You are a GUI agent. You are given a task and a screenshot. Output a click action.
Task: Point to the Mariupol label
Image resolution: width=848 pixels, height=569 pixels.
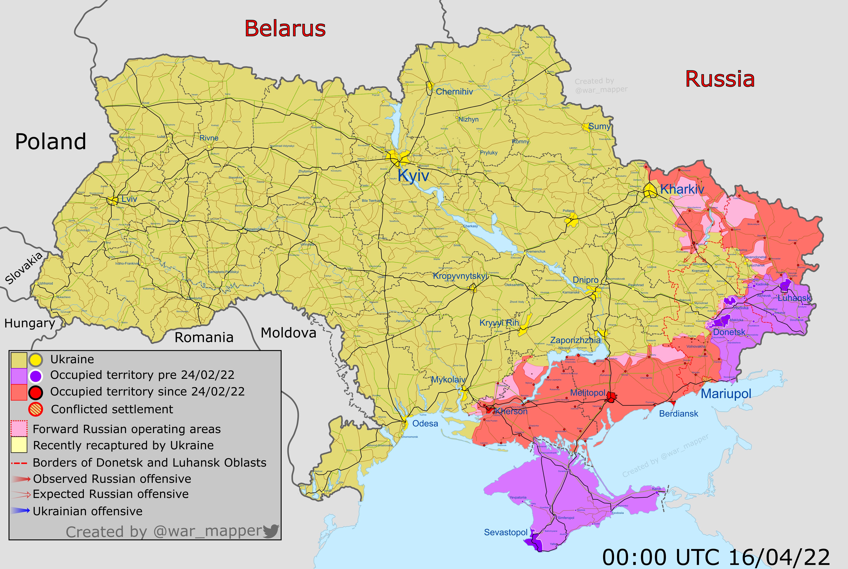(726, 393)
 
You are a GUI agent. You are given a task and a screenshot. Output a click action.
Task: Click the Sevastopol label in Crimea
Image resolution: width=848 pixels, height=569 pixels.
(505, 532)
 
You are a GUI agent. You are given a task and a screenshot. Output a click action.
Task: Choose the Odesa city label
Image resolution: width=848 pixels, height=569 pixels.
(425, 423)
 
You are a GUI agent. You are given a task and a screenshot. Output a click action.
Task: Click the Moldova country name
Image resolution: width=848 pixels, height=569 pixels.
(288, 333)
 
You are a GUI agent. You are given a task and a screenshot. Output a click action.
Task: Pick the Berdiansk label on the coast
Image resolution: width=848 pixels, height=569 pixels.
(678, 414)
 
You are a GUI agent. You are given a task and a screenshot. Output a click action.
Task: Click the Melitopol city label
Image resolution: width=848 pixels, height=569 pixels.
(588, 393)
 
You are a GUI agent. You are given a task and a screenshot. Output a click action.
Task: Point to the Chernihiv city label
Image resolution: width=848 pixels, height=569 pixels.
(454, 92)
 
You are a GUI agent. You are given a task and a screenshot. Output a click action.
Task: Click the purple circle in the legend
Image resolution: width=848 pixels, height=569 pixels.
(36, 376)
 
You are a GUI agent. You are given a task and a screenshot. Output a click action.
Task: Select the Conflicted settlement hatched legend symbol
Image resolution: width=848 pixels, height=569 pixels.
(36, 409)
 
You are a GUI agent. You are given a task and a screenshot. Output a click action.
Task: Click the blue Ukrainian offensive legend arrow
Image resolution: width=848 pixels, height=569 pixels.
(20, 511)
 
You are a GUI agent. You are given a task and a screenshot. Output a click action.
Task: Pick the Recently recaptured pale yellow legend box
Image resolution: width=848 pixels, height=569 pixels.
(19, 445)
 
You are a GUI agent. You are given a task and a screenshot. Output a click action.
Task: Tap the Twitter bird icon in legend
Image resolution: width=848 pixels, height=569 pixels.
(271, 531)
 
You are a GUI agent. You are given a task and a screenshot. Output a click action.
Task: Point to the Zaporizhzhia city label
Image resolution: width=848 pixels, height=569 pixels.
(575, 340)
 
